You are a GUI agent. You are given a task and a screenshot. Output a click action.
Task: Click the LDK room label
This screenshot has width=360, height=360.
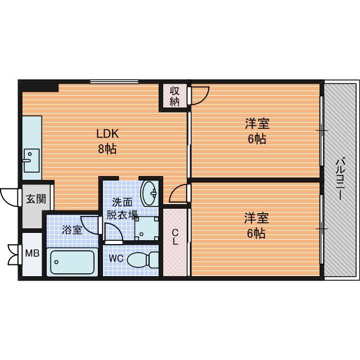(x=107, y=134)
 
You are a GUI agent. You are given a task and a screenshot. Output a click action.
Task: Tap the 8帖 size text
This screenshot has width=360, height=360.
(x=107, y=149)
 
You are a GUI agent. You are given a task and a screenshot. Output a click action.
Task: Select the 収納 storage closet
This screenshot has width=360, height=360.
(x=174, y=96)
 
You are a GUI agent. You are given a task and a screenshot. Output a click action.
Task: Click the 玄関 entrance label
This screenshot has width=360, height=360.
(x=36, y=199)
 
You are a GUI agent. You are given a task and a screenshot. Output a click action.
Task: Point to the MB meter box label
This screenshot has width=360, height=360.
(x=33, y=254)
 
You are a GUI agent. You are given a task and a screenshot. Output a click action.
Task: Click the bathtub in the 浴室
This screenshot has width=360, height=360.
(x=72, y=262)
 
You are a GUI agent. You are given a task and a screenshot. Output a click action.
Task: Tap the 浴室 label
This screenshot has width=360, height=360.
(x=72, y=230)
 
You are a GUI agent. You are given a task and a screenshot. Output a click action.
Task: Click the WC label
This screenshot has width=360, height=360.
(x=116, y=259)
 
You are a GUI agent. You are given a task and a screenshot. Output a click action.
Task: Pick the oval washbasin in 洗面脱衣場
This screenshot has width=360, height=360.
(x=148, y=193)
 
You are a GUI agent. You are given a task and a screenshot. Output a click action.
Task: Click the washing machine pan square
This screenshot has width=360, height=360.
(x=146, y=228)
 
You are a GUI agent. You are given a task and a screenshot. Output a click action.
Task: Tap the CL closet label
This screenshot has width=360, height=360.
(x=175, y=237)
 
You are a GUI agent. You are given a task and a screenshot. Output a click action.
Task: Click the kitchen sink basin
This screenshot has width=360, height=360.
(x=31, y=160)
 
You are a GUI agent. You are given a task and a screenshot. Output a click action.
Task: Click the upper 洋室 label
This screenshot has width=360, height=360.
(x=257, y=123)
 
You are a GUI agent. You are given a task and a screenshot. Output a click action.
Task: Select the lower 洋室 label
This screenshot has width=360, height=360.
(x=256, y=218)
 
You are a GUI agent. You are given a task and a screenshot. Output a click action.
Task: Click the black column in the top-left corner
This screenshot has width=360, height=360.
(x=39, y=86)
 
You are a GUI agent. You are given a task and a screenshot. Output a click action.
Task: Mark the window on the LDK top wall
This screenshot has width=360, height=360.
(x=114, y=82)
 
